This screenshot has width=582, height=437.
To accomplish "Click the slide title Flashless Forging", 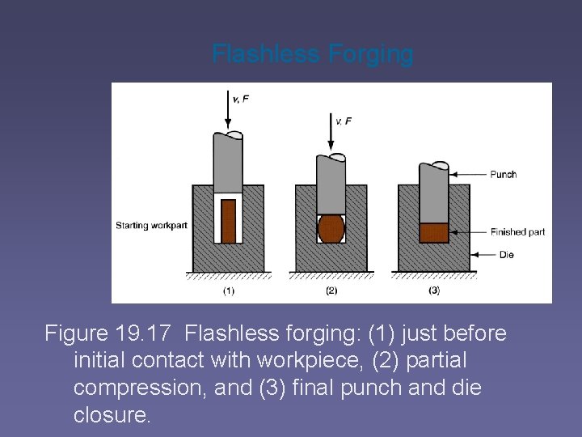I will pos(312,54).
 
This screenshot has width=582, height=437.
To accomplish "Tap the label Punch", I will pos(503,174).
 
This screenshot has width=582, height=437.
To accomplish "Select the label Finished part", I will pos(517,232).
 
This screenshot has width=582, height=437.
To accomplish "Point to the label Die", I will pos(506,255).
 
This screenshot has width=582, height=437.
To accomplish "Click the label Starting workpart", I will pos(149,225).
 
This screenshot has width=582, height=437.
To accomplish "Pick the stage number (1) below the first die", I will pos(229,291).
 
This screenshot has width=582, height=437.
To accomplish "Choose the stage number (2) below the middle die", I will pos(331,291).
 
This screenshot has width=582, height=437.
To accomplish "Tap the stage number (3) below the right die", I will pos(434,291).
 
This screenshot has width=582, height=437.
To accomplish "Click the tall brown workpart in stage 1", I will pos(229,220).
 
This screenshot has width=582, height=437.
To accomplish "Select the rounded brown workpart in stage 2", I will pos(331,228).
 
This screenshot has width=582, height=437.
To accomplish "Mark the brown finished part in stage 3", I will pos(433,232).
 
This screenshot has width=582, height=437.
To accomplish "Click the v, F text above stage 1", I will pos(241,99).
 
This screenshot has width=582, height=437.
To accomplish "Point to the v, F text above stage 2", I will pos(344,121).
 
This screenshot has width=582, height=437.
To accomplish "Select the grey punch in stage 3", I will pos(433,193).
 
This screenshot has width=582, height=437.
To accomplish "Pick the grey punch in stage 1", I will pos(228,162).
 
